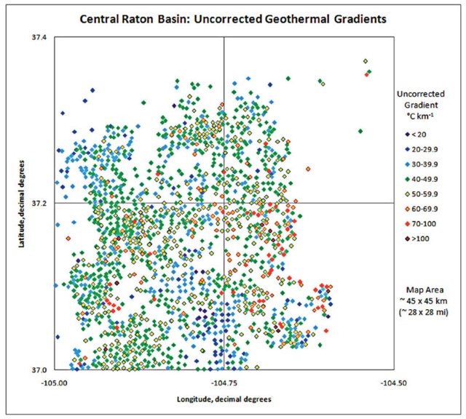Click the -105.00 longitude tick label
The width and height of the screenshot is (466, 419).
click(55, 382)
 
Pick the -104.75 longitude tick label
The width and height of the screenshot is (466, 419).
click(224, 382)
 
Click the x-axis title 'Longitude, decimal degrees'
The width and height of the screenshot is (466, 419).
click(224, 399)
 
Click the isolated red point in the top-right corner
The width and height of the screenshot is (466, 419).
click(367, 73)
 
